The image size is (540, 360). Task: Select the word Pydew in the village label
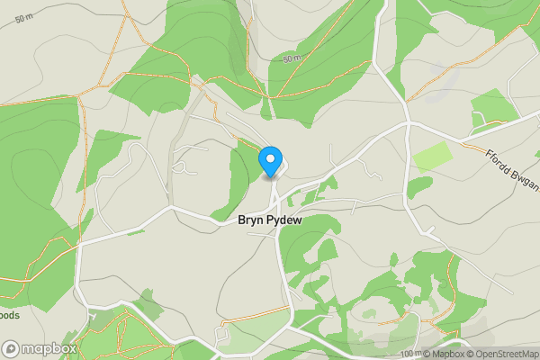[287, 220]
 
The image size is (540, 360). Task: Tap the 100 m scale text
[410, 353]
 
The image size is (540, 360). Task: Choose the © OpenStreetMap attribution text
[505, 353]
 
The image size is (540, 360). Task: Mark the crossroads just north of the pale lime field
[407, 122]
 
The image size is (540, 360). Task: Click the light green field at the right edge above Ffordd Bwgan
[493, 108]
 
